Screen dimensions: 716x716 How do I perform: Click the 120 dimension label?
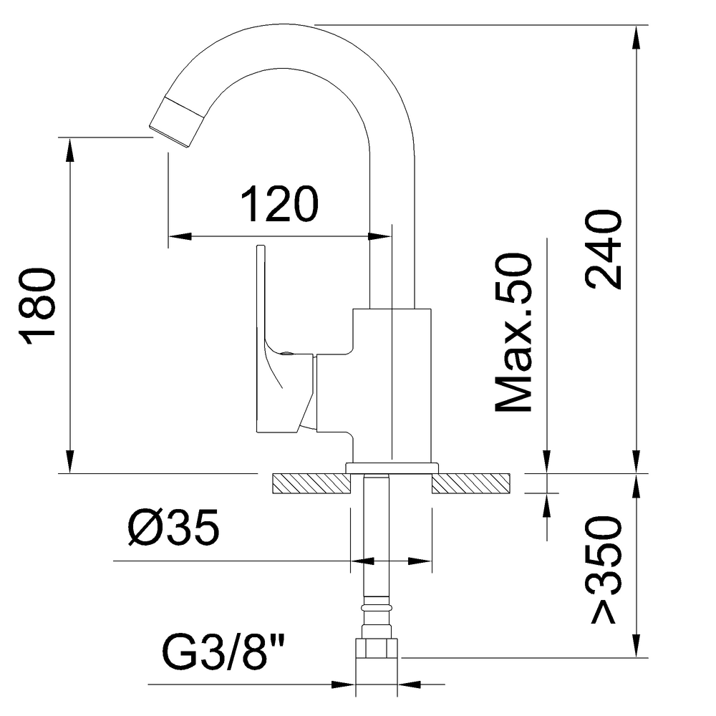click(279, 205)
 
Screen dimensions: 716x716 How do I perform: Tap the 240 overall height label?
click(602, 249)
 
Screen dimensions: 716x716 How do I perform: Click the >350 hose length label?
click(602, 569)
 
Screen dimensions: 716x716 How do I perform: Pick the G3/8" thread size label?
click(221, 649)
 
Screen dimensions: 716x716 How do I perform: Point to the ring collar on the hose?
click(377, 606)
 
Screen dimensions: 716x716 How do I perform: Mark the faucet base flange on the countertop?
click(392, 468)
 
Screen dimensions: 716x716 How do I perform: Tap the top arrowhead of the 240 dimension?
click(636, 36)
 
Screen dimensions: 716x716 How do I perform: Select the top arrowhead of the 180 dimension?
click(69, 147)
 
